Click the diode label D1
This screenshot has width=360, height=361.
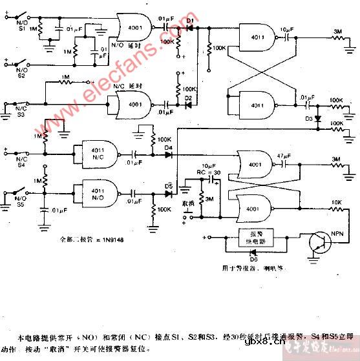point(190,20)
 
